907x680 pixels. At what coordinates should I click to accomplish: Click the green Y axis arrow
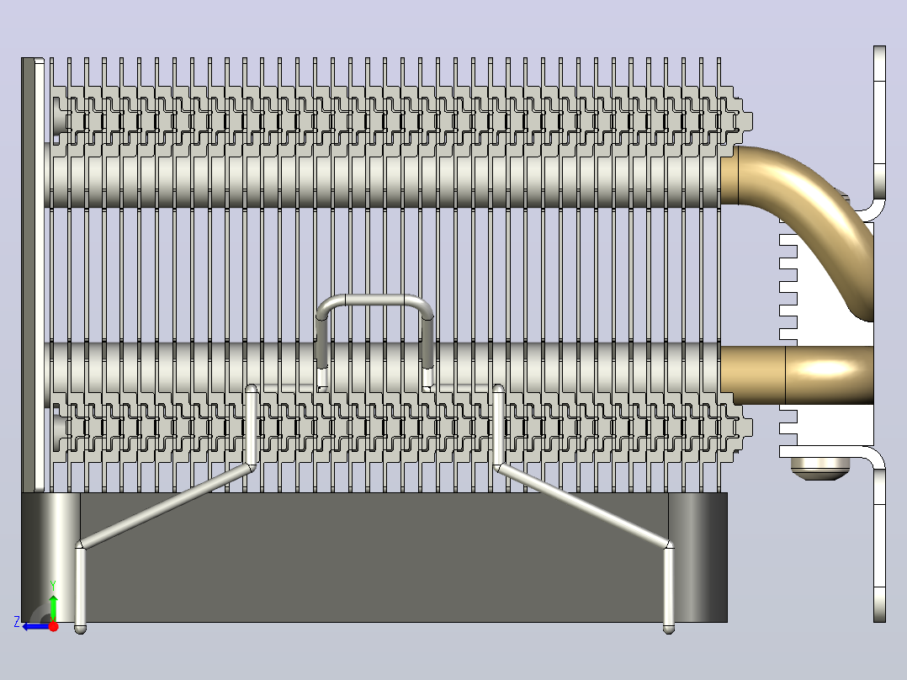click(x=53, y=608)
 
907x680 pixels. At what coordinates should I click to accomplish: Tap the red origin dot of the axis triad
click(x=53, y=626)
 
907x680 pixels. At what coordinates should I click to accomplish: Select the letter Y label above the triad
click(x=53, y=586)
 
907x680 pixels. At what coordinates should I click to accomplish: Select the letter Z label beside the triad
click(x=17, y=622)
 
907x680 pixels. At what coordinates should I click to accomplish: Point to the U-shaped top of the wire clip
click(x=374, y=301)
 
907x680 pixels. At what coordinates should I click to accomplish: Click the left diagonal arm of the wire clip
click(x=166, y=505)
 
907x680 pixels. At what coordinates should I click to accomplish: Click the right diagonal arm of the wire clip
click(x=584, y=505)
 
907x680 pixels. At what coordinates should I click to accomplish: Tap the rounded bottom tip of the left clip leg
click(x=81, y=629)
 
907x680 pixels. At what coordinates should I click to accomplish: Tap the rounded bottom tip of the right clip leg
click(x=669, y=629)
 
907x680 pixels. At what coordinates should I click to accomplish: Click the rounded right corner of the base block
click(x=697, y=557)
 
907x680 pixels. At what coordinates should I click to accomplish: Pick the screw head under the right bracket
click(x=817, y=469)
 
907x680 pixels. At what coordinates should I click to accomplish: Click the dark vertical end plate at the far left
click(x=28, y=275)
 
